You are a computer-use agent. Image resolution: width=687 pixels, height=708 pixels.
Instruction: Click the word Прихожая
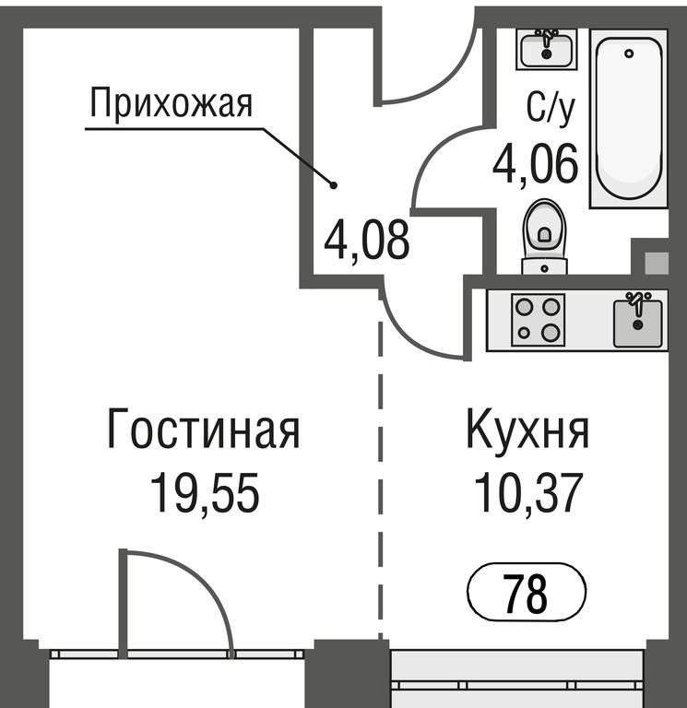(172, 104)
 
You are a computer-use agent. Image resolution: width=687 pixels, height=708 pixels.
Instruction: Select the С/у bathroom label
(551, 109)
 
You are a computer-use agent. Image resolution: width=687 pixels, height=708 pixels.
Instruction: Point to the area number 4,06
(535, 163)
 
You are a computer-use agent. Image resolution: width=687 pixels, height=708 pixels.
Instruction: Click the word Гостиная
(203, 428)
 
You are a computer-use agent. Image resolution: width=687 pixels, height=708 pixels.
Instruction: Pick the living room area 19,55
(205, 492)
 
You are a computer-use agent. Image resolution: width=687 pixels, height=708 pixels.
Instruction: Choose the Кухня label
(527, 428)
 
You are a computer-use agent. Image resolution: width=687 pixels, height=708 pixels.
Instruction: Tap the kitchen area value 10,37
(527, 492)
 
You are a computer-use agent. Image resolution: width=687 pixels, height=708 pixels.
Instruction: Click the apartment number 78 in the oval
(527, 593)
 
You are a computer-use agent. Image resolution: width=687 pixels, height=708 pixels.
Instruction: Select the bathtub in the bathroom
(628, 118)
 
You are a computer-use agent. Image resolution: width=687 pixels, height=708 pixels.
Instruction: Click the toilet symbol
(544, 238)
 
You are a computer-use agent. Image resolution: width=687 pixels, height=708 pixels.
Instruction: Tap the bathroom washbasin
(547, 49)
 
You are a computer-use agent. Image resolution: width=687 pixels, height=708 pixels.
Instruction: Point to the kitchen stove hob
(538, 321)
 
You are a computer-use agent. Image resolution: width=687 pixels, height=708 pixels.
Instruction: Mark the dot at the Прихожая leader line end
(334, 184)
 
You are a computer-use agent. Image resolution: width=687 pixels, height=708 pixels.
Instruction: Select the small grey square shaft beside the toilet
(657, 263)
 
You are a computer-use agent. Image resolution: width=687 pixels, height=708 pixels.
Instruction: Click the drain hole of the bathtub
(629, 53)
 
